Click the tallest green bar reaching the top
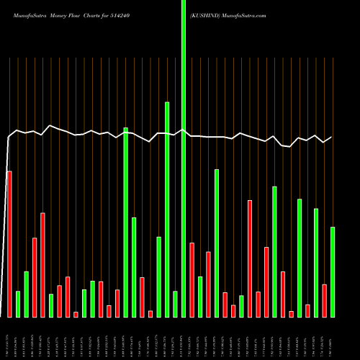point(184,158)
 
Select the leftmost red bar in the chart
point(9,244)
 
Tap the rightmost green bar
point(333,271)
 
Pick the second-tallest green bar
point(167,209)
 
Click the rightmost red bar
point(324,300)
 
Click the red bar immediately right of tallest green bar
point(192,279)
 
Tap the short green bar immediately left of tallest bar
point(175,304)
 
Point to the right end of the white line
point(331,138)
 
